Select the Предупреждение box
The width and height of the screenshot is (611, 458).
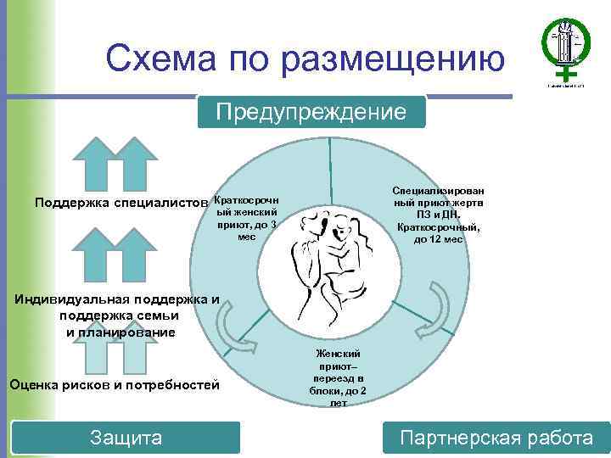[x=311, y=112]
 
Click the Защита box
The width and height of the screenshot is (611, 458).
[x=126, y=438]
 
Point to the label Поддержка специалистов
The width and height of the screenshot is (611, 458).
[x=121, y=203]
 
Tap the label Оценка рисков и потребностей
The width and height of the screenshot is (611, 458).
[x=114, y=384]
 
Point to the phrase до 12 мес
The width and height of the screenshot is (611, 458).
[x=438, y=239]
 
